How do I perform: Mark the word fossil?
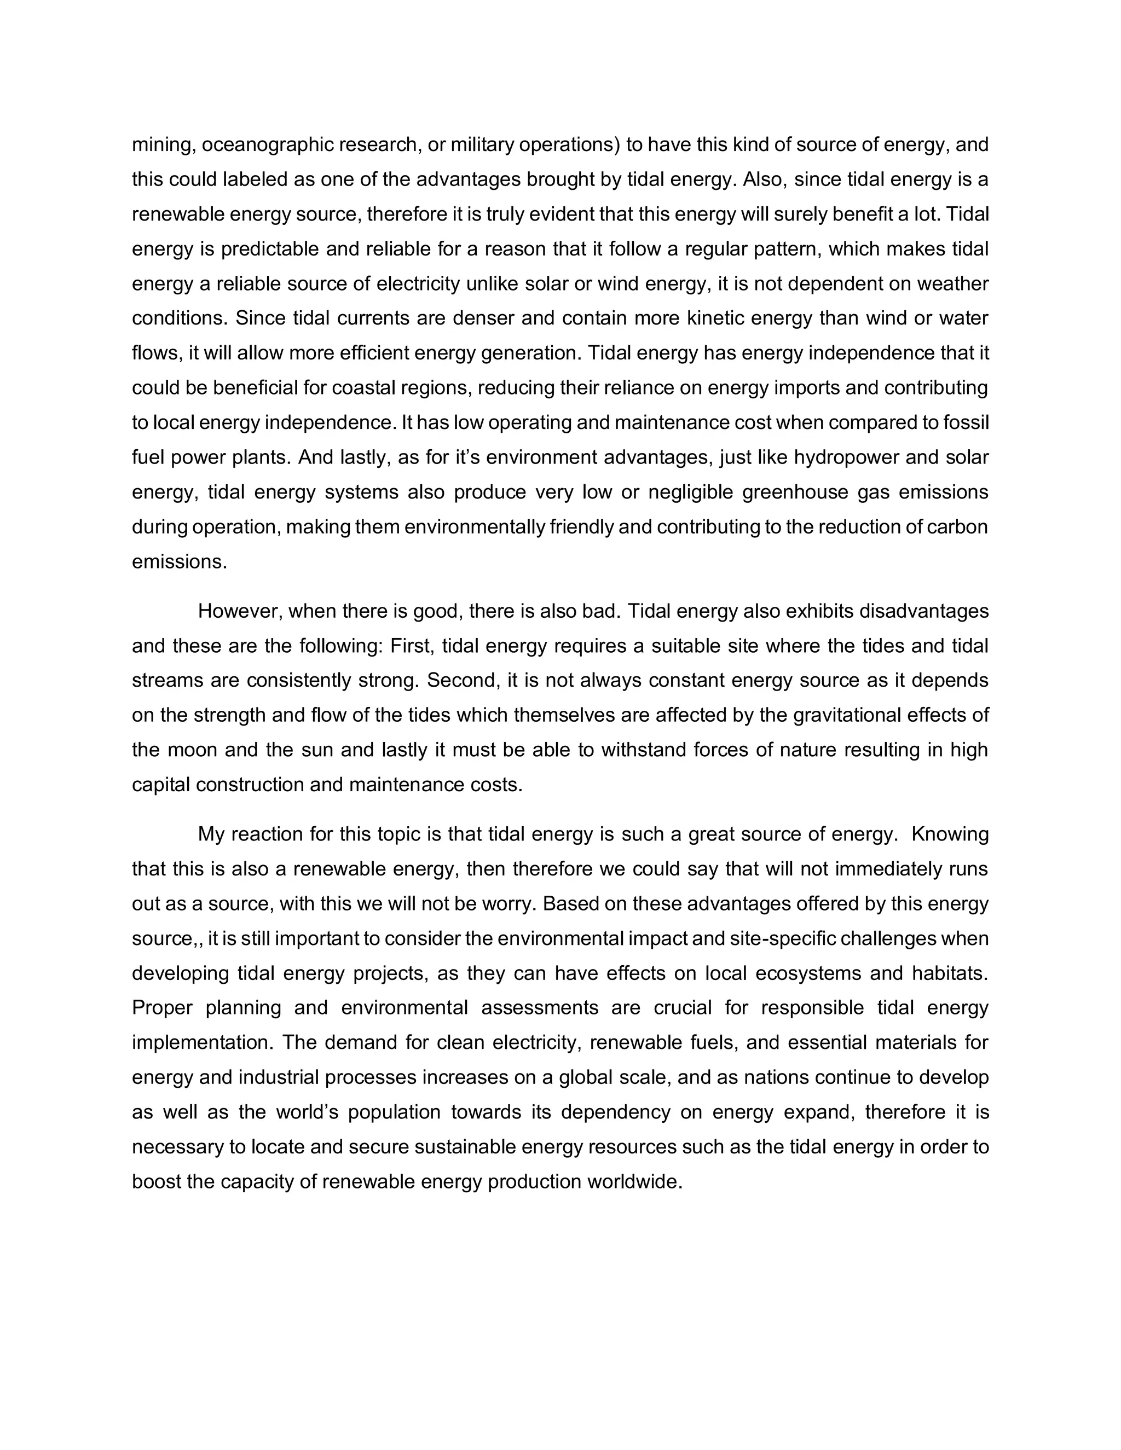pos(966,423)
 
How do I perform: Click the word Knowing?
pos(950,834)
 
